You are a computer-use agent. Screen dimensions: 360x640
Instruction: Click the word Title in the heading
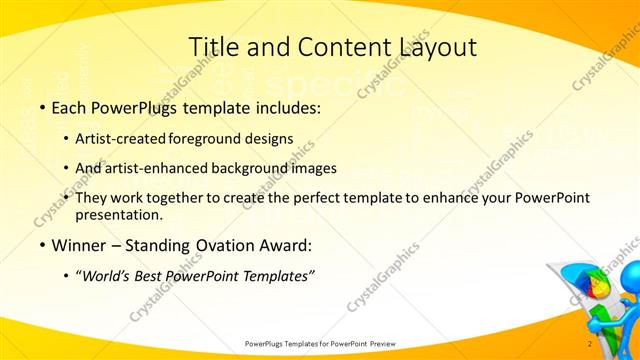click(x=212, y=46)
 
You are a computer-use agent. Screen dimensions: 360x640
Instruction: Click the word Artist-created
click(x=121, y=139)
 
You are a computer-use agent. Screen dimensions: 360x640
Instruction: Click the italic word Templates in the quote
click(x=276, y=275)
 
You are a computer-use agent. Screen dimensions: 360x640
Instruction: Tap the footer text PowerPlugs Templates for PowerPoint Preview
click(x=320, y=344)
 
